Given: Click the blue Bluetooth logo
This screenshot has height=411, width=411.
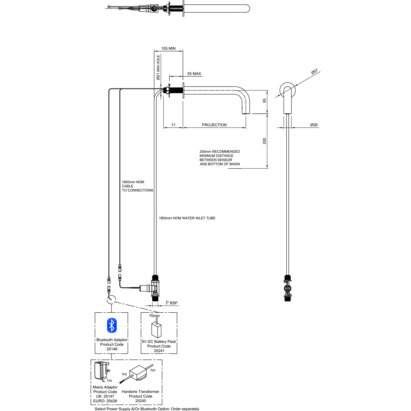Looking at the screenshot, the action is (112, 325).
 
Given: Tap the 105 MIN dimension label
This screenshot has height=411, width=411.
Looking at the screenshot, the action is (168, 48).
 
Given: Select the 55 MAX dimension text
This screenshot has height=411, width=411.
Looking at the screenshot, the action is (194, 74).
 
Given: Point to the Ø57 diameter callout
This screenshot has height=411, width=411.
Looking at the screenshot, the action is (314, 72).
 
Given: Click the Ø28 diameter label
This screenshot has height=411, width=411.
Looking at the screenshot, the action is (314, 125).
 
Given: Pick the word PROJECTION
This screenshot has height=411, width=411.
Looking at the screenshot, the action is (214, 125).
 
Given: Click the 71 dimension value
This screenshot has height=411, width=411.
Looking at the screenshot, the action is (173, 125).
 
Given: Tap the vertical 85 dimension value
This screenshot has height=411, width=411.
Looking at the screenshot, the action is (264, 101).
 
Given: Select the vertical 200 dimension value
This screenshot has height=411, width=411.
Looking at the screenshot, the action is (264, 141).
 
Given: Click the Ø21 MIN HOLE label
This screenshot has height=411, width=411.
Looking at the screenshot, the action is (158, 67).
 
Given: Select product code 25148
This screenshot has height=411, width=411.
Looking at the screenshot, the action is (112, 349).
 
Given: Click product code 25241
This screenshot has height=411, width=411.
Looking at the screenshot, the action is (159, 351).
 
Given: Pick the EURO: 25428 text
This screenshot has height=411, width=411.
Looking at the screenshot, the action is (105, 401).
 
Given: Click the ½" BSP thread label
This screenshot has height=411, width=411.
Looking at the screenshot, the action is (172, 303).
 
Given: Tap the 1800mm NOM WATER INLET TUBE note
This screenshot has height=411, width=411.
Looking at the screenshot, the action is (187, 218).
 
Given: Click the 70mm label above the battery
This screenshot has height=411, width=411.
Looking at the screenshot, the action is (154, 316).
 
